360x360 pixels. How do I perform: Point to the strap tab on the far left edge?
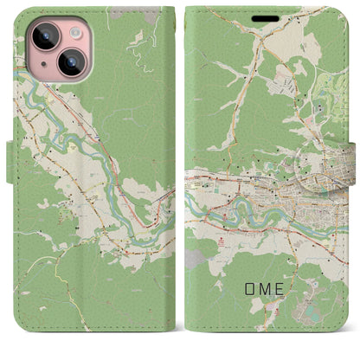point(11,165)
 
